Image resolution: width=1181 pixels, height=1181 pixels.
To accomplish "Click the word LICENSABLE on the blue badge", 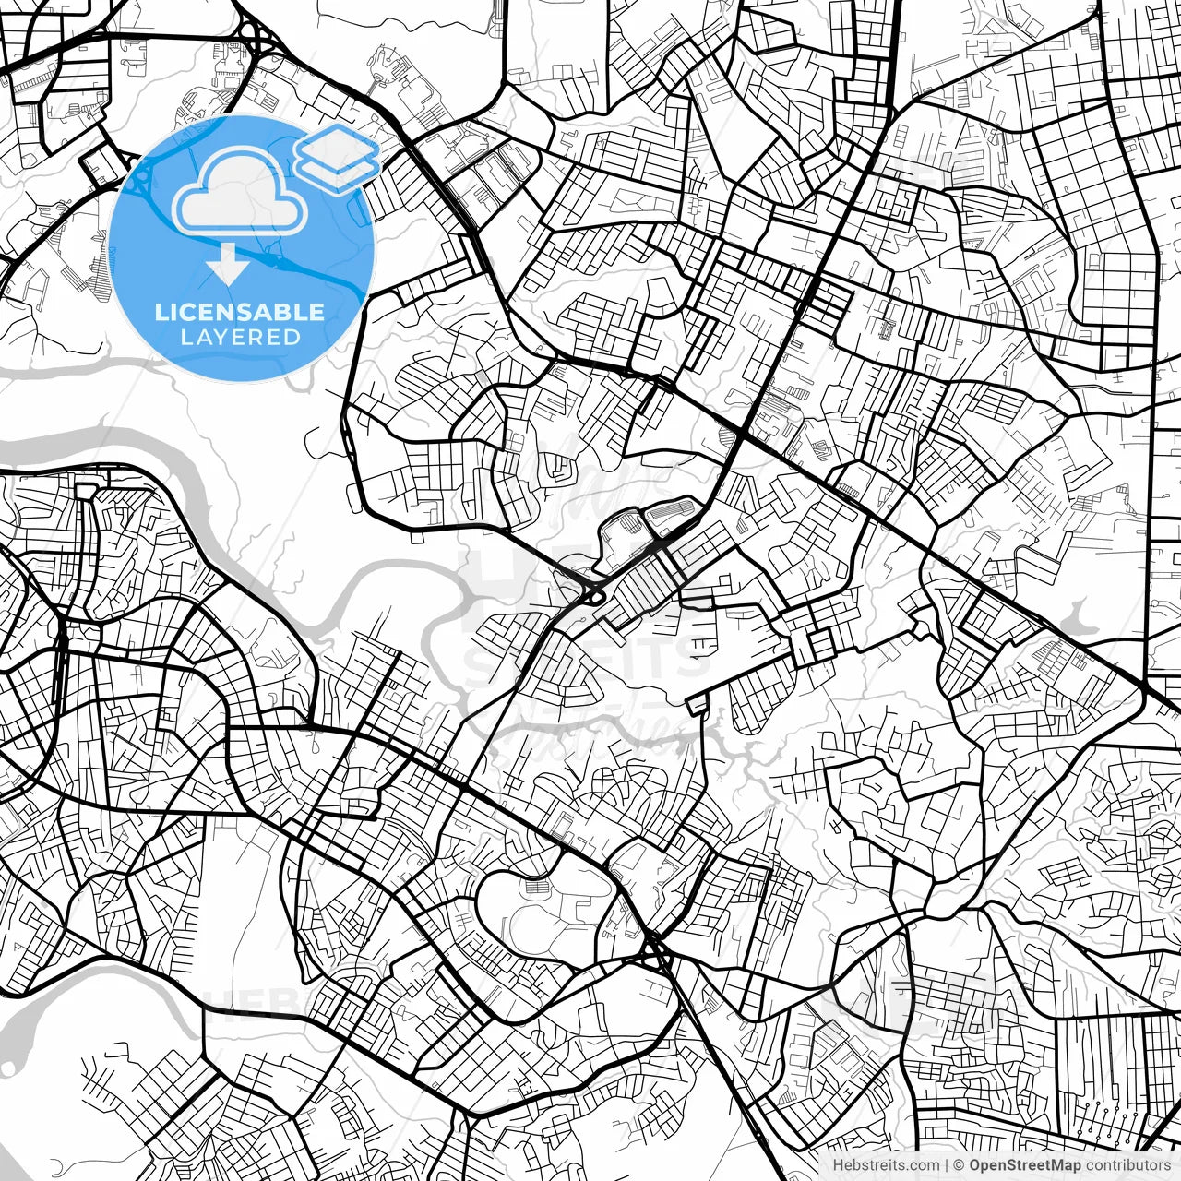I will point(240,312).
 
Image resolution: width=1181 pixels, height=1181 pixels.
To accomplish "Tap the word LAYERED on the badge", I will point(240,337).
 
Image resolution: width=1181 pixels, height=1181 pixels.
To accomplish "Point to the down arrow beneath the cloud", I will point(227,266).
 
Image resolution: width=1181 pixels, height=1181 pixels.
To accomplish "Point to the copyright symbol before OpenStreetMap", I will point(960,1165).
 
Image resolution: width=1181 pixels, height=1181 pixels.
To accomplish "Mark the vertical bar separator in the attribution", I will point(947,1165).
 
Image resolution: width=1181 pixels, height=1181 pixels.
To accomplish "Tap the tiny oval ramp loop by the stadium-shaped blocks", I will point(596,597).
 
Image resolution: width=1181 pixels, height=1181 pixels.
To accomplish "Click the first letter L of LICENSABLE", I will point(161,312).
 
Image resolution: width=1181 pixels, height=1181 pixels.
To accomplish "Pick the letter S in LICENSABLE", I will point(261,312).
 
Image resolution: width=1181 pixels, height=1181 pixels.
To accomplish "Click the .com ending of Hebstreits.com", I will point(924,1165).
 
